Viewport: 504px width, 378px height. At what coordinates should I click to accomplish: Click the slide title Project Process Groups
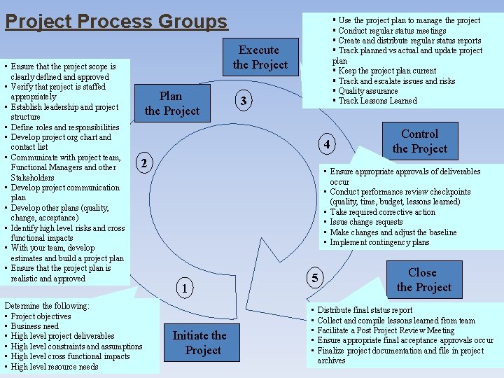tap(116, 21)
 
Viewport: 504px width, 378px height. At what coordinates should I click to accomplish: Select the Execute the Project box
tap(260, 57)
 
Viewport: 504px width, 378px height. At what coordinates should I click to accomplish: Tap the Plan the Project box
tap(171, 104)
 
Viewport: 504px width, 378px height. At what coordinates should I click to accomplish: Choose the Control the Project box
tap(419, 141)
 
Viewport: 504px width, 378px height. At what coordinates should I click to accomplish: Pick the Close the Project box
tap(423, 280)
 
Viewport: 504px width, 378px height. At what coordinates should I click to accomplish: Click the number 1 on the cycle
tap(182, 288)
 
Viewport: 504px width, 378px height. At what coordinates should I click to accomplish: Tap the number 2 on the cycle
tap(143, 164)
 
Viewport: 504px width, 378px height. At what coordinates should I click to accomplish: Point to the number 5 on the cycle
tap(315, 279)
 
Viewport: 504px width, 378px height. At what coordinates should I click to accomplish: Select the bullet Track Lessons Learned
tap(377, 101)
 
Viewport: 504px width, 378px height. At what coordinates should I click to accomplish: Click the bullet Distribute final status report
tap(365, 310)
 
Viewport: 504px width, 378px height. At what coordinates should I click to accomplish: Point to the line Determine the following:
tap(46, 306)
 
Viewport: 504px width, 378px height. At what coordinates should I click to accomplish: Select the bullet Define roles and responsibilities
tap(65, 127)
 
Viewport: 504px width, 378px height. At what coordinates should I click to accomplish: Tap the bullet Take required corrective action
tap(382, 212)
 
